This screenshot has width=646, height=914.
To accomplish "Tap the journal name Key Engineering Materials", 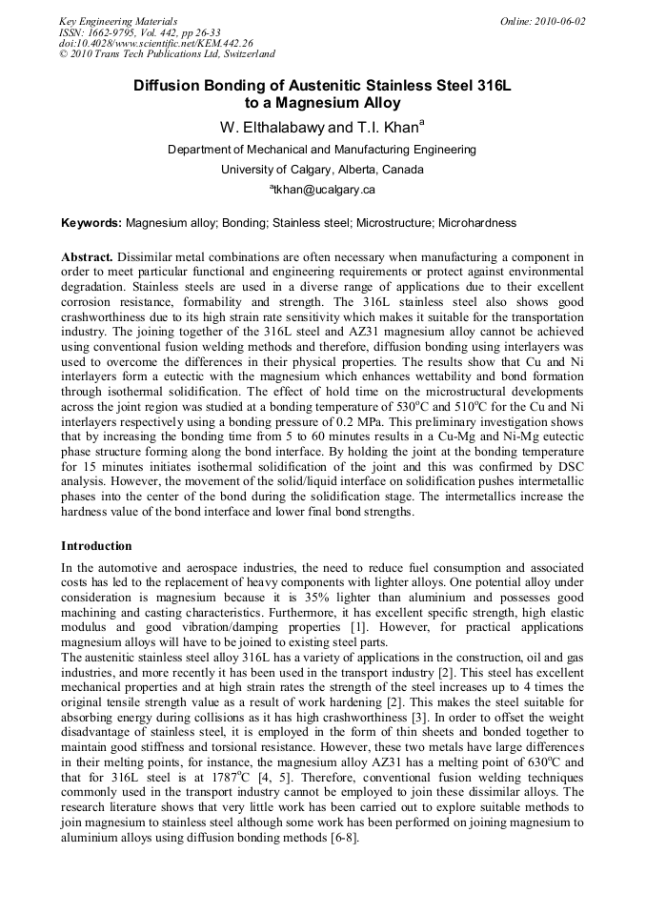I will (x=118, y=21).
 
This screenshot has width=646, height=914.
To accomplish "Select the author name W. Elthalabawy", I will (x=265, y=127).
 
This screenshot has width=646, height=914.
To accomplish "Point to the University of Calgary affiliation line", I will (x=322, y=170).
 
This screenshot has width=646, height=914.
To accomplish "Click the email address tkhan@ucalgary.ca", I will (x=325, y=190).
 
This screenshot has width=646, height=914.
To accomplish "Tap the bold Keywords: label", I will (x=91, y=223).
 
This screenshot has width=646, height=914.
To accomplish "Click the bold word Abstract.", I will (x=88, y=258).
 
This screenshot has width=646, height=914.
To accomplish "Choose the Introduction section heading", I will (x=96, y=546).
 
